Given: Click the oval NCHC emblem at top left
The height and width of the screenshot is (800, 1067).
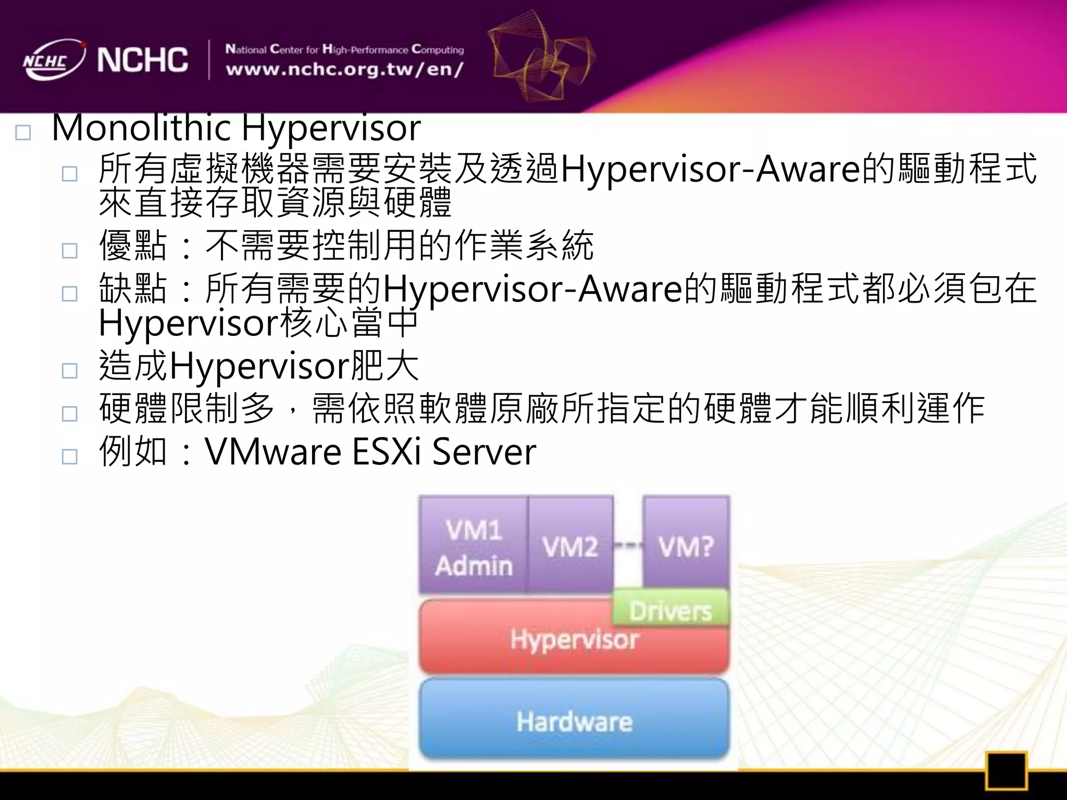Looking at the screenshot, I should point(52,60).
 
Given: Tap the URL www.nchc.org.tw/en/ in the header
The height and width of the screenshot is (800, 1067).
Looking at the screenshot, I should point(344,69).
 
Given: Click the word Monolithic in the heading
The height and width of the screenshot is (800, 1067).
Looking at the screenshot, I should point(141,128).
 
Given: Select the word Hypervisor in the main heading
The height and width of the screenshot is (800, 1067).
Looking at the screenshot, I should point(331,128).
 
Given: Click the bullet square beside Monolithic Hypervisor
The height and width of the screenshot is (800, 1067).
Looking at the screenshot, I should point(23,133).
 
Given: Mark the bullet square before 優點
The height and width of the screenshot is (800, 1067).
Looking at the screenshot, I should point(69,251).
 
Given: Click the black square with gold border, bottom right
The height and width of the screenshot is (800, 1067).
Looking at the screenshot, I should point(1006,770).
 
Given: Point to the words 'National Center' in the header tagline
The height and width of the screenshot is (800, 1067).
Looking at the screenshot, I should point(271,50).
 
